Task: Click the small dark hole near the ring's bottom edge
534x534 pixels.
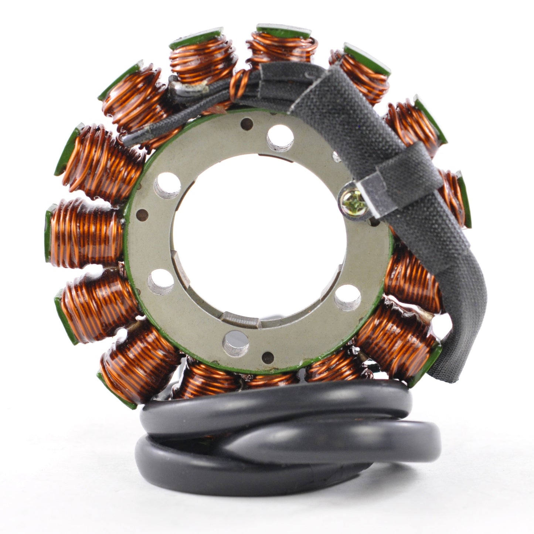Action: tap(268, 357)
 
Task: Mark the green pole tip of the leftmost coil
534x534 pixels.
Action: tap(48, 235)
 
